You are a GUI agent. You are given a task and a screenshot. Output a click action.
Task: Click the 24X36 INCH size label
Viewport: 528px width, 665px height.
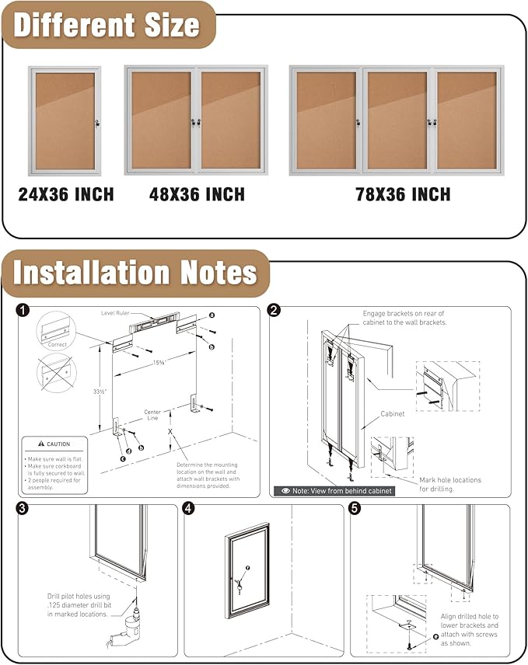(x=66, y=194)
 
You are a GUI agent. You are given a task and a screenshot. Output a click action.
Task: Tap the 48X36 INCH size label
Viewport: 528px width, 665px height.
(x=197, y=194)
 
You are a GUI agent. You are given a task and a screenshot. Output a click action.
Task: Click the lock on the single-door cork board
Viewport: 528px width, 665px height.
(x=96, y=122)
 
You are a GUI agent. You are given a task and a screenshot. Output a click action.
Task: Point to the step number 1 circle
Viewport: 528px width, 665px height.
(x=24, y=311)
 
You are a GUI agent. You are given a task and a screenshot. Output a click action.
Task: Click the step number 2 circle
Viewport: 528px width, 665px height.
(x=274, y=311)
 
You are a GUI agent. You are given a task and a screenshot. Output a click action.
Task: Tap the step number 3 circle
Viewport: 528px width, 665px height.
(x=23, y=509)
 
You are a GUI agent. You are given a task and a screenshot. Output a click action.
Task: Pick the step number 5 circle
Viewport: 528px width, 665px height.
(x=355, y=509)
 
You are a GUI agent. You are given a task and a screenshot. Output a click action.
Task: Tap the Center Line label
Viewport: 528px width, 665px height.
(x=152, y=415)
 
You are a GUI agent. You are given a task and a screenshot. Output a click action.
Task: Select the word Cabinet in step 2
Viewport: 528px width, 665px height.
(x=393, y=414)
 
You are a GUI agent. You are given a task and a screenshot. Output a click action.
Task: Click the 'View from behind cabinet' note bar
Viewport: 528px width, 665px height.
(x=334, y=491)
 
